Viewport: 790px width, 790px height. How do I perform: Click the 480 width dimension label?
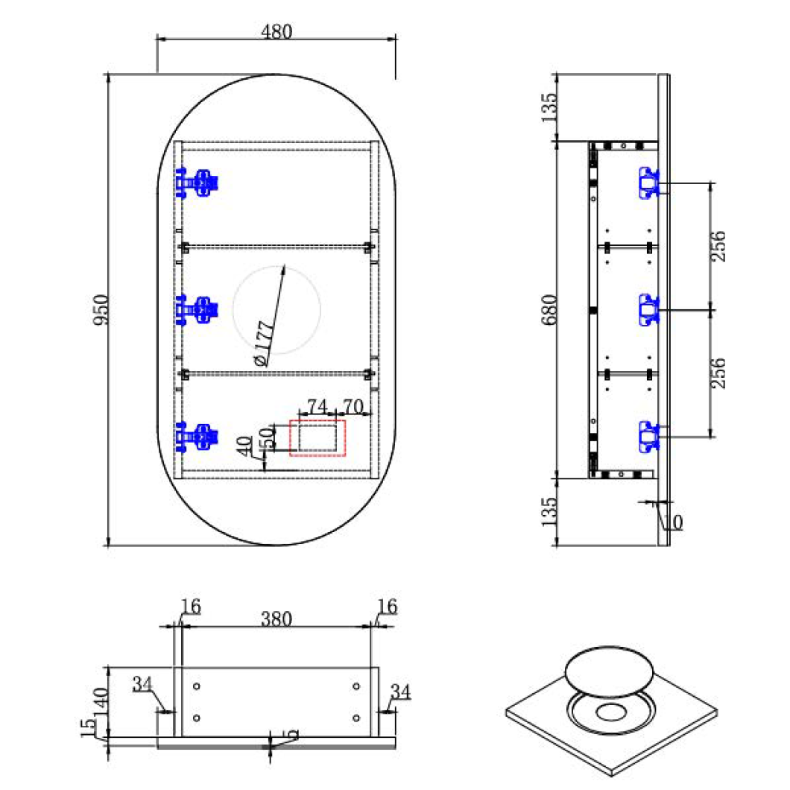pos(276,32)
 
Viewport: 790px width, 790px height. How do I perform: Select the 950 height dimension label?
pos(101,309)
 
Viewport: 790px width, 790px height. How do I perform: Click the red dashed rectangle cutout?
pos(317,437)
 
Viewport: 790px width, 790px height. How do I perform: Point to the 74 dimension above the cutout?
pos(317,406)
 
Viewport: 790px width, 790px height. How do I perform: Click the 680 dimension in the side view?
pos(549,309)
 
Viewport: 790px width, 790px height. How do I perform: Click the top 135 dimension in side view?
pos(549,107)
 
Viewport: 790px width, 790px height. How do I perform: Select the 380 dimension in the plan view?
pos(276,618)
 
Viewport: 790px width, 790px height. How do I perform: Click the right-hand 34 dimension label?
pos(400,692)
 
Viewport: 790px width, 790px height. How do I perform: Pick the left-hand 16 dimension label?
pos(191,607)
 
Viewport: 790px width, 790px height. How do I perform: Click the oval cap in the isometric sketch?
pos(609,671)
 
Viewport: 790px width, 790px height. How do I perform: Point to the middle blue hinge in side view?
pos(648,309)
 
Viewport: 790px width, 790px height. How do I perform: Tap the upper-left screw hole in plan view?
pos(197,686)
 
